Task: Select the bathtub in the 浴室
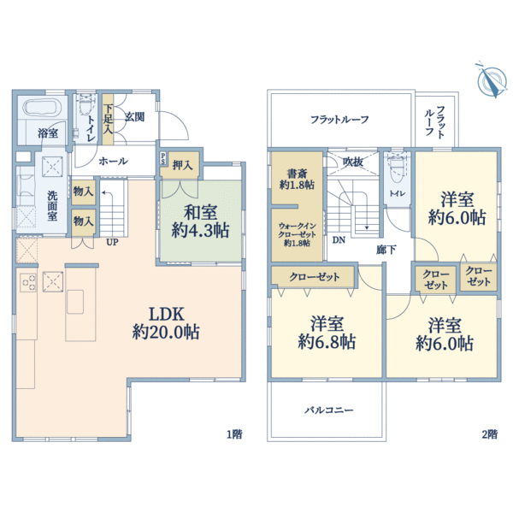[x=38, y=109]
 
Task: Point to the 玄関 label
[x=135, y=116]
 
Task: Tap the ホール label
[x=114, y=161]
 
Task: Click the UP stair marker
[x=112, y=242]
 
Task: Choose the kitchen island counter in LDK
[x=76, y=302]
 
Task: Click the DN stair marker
[x=339, y=239]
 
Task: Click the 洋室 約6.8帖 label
[x=327, y=333]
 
